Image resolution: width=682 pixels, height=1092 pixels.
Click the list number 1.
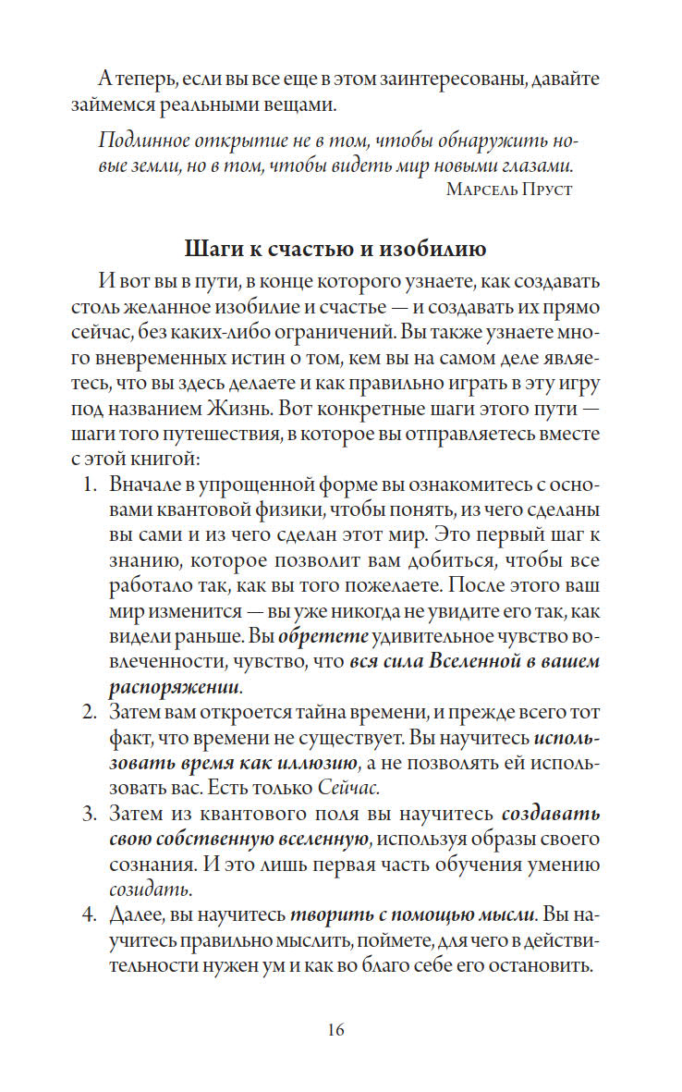tap(90, 484)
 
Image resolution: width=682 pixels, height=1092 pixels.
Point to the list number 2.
tap(90, 712)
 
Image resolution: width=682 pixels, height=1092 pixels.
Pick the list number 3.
tap(90, 816)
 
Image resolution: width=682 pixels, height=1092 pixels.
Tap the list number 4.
tap(90, 916)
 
